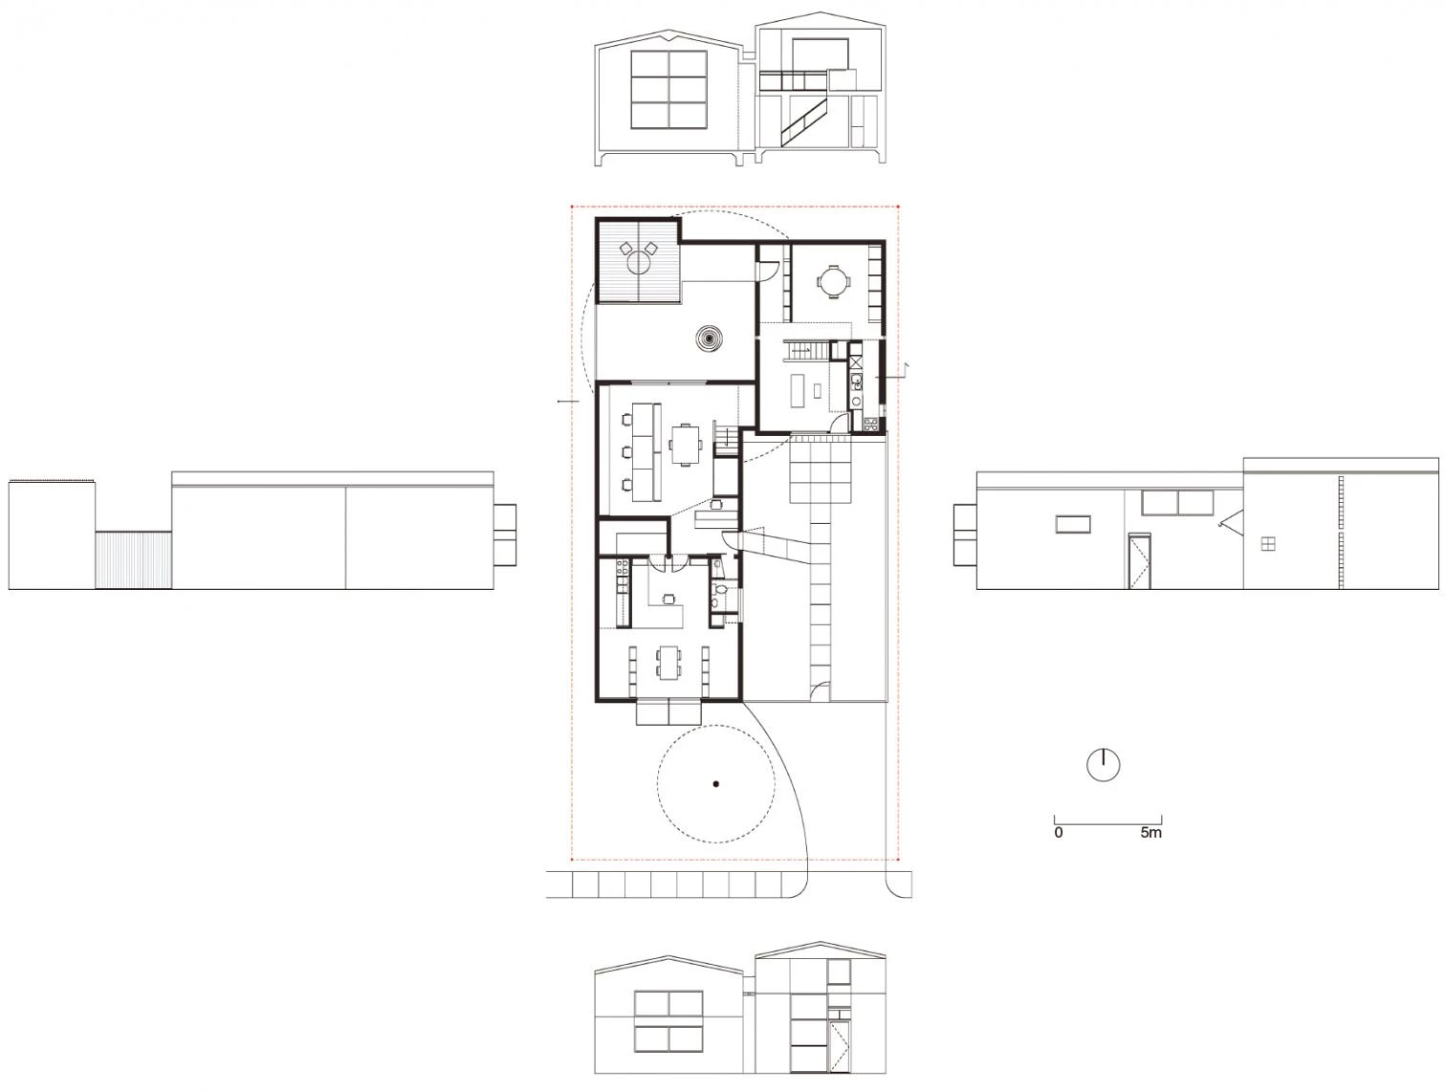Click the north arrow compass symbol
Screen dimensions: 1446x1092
point(1103,765)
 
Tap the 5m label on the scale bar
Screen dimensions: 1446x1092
point(1150,833)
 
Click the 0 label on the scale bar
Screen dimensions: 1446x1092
point(1059,833)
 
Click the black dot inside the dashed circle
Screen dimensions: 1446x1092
point(716,784)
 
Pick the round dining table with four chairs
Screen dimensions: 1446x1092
point(834,282)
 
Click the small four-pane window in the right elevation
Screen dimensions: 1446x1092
point(1267,543)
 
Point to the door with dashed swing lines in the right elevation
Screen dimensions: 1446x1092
point(1139,561)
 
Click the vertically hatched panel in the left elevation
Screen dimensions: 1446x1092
point(134,559)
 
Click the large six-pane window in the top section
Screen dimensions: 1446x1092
point(668,90)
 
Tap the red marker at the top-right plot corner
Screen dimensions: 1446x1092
point(899,207)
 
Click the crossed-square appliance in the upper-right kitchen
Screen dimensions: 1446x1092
point(855,362)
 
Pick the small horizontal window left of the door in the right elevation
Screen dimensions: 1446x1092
point(1072,524)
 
